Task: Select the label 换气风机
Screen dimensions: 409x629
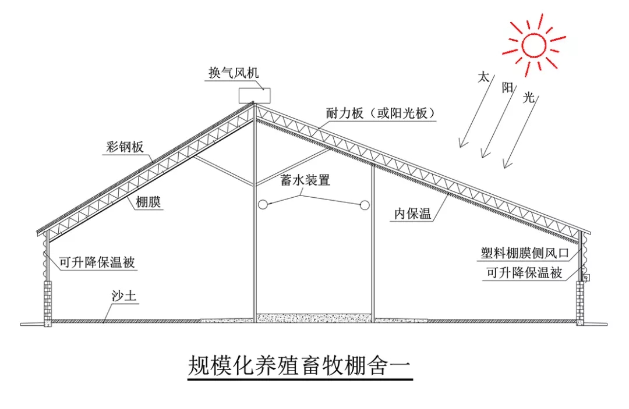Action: tap(234, 74)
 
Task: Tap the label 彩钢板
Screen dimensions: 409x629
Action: tap(125, 147)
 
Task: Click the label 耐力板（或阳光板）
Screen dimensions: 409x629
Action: tap(381, 113)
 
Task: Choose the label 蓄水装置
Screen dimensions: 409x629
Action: tap(305, 180)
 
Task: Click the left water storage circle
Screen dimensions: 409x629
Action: tap(263, 204)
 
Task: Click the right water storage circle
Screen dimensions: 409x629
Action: tap(365, 204)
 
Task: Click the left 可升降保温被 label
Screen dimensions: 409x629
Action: tap(98, 262)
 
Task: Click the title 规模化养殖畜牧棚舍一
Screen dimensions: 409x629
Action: tap(299, 366)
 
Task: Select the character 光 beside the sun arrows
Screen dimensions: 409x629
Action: tap(529, 98)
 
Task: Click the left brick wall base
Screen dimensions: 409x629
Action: tap(47, 301)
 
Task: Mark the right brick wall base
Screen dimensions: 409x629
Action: tap(580, 301)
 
